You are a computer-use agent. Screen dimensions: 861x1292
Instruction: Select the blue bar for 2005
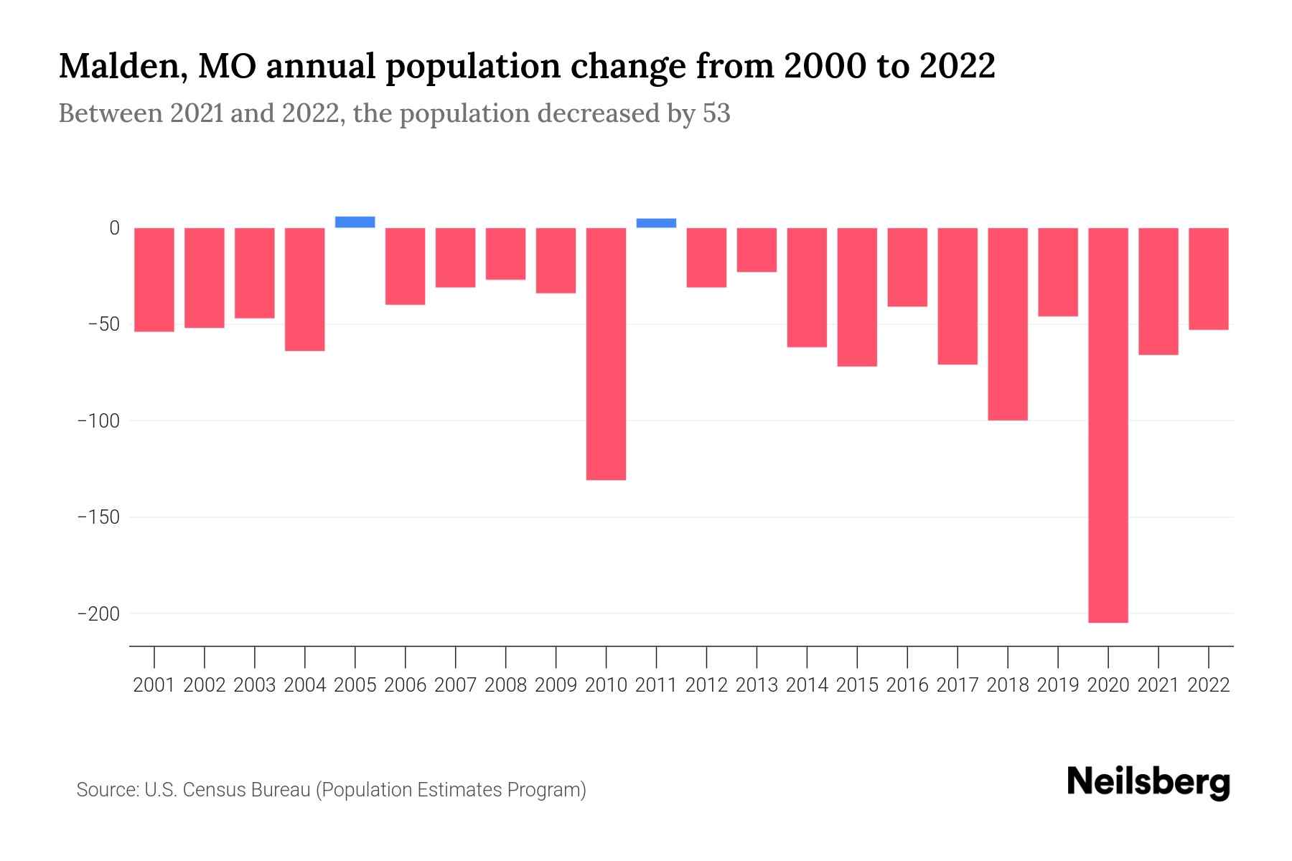point(355,222)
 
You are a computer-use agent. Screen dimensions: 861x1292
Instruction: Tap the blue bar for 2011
point(656,223)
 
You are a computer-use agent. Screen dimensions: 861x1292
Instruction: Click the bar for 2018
point(1007,324)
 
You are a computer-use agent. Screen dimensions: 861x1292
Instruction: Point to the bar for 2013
point(757,250)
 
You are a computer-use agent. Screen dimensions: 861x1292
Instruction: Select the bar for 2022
point(1208,278)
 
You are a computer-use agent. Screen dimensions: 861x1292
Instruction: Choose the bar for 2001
point(154,280)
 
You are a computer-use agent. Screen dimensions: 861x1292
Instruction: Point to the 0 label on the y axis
point(114,228)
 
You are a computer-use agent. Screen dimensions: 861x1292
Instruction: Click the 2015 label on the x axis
point(857,685)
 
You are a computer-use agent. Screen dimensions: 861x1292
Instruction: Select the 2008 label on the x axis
point(505,685)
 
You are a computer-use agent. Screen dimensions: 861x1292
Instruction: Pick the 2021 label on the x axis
point(1158,685)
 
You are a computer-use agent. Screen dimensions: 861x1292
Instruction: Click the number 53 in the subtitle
point(716,113)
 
